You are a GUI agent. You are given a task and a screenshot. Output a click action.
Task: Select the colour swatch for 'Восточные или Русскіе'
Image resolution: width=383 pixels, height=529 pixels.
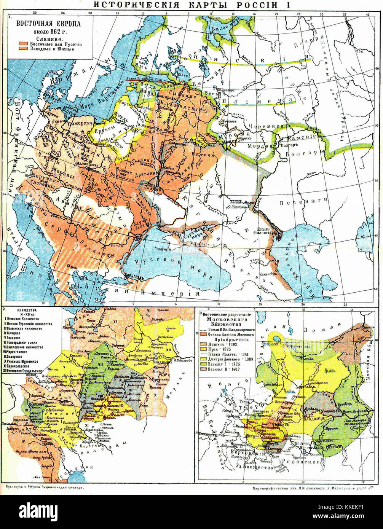[x=23, y=44]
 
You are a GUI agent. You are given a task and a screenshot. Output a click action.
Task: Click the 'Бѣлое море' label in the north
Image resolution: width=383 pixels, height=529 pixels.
[x=221, y=28]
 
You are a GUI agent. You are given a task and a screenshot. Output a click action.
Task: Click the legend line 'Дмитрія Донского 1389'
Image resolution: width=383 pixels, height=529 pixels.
[x=230, y=359]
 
